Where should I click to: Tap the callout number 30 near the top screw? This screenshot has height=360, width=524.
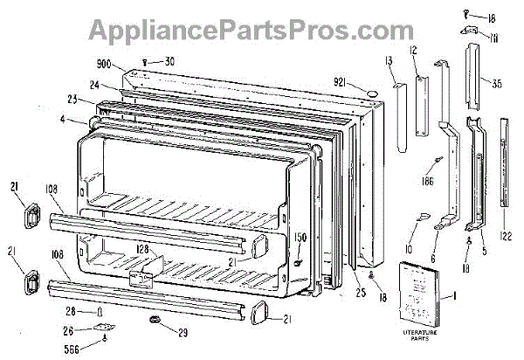point(169,61)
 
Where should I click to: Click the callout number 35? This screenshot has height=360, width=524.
point(496,86)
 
